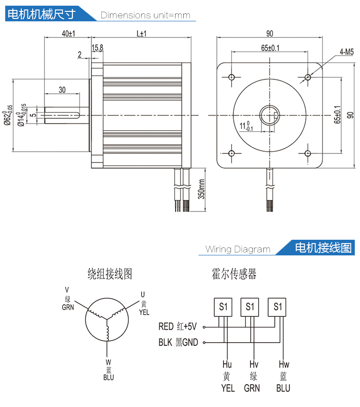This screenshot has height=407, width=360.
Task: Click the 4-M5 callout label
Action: [x=346, y=53]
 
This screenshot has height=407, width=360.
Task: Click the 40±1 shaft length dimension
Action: [x=69, y=34]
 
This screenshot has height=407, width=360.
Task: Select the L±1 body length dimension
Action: [x=141, y=34]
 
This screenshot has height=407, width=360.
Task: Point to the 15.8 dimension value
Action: [x=98, y=47]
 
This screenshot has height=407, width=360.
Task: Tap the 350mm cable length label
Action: [x=201, y=189]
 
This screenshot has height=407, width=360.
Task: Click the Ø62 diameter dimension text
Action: [x=8, y=115]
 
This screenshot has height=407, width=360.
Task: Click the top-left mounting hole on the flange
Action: [x=232, y=77]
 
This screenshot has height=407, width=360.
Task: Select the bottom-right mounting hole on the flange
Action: [x=308, y=153]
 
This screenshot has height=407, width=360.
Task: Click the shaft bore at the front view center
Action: [x=270, y=115]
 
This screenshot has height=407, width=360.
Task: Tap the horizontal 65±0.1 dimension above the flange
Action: [x=270, y=48]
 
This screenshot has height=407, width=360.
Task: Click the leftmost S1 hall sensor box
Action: [x=224, y=307]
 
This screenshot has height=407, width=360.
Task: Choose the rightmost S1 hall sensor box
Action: [x=278, y=307]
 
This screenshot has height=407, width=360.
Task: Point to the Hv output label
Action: [x=253, y=364]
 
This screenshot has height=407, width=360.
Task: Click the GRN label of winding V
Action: [x=68, y=307]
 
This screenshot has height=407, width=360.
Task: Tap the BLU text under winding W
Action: [x=108, y=378]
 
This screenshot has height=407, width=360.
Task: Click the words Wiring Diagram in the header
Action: [x=238, y=249]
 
